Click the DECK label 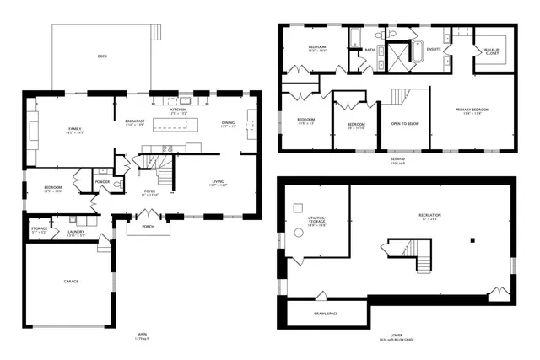click(x=102, y=56)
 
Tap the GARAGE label click(x=71, y=281)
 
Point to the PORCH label click(x=148, y=226)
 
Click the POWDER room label click(x=102, y=181)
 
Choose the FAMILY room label click(x=74, y=128)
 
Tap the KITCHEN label click(x=178, y=110)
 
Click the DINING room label click(x=228, y=123)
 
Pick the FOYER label click(x=148, y=191)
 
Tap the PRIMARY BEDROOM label click(x=472, y=110)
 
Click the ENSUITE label click(x=435, y=49)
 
